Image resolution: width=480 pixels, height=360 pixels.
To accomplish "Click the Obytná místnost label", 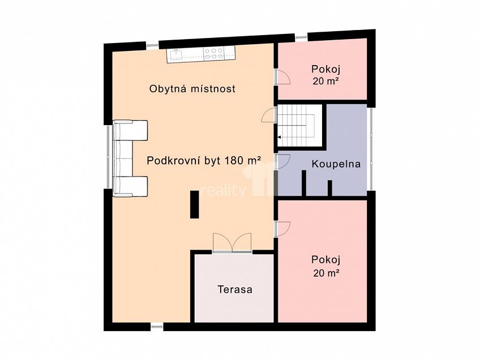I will (192, 89).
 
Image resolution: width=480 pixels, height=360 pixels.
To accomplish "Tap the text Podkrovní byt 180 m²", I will (203, 160).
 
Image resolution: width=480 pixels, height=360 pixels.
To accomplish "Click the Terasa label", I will (235, 289).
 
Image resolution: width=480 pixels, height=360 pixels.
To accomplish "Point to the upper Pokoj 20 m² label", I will (325, 74).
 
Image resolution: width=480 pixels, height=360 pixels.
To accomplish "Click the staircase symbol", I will (298, 127).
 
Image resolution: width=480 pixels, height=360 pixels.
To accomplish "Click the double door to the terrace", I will (232, 242).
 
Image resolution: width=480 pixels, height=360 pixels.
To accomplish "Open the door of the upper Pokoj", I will (282, 78).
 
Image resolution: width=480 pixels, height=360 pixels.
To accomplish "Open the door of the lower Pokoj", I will (282, 227).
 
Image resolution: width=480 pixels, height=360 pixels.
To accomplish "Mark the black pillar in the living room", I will (194, 204).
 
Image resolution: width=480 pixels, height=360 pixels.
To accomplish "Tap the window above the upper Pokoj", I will (301, 38).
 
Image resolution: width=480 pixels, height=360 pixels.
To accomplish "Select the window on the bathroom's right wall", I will (371, 148).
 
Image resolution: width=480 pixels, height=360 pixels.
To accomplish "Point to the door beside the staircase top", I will (268, 114).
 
